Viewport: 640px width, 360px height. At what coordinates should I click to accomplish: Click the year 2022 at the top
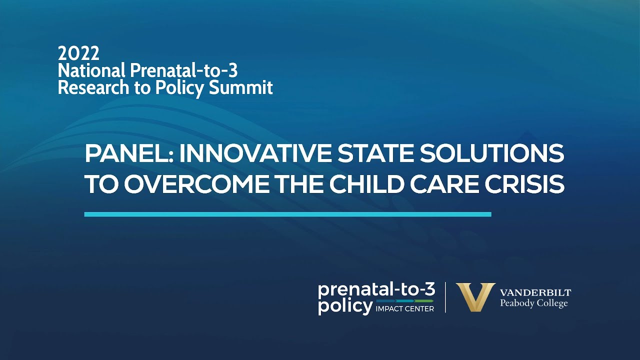coord(78,53)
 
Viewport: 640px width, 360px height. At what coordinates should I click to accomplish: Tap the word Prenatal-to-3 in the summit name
coord(183,70)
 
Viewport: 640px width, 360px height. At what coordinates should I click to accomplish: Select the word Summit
coord(241,88)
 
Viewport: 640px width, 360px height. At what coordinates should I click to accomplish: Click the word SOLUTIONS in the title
coord(494,153)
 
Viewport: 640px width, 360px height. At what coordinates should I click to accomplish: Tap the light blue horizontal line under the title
coord(287,214)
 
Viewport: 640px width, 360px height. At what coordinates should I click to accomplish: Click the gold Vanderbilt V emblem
coord(475,297)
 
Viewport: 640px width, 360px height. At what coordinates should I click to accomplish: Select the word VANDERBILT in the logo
coord(535,293)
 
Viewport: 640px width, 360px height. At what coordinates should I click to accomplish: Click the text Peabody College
coord(534,303)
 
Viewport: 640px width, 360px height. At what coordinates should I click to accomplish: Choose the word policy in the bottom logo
coord(344,306)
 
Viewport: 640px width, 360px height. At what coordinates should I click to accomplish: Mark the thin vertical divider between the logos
coord(445,297)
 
